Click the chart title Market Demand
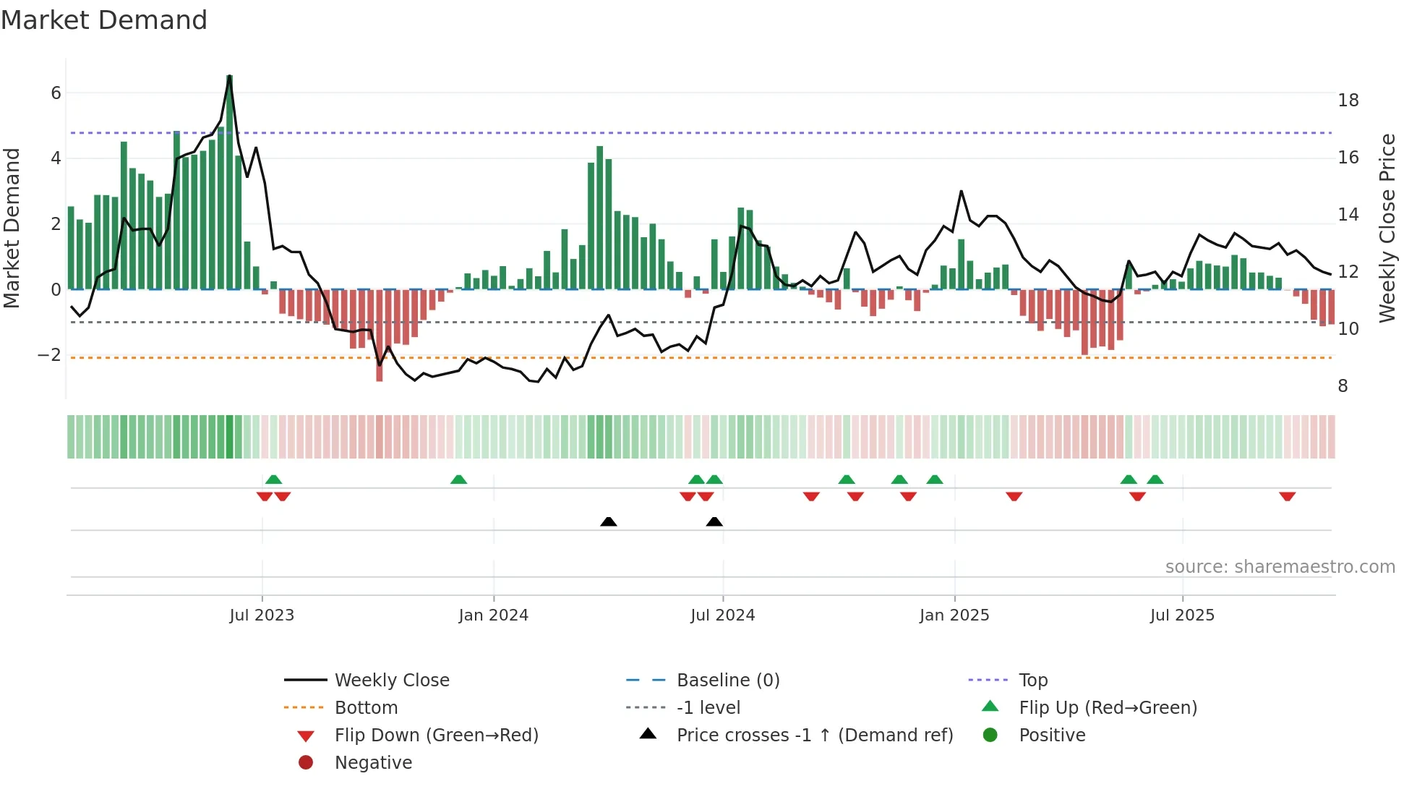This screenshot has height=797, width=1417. pyautogui.click(x=104, y=20)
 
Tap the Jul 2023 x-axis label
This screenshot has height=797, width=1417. pyautogui.click(x=262, y=615)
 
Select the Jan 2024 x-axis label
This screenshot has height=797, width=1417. pyautogui.click(x=493, y=615)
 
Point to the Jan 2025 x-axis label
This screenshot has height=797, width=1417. pyautogui.click(x=954, y=615)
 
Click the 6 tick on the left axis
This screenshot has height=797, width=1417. pyautogui.click(x=56, y=93)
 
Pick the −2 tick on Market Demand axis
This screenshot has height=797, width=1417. pyautogui.click(x=49, y=355)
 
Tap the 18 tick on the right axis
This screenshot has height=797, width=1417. pyautogui.click(x=1348, y=101)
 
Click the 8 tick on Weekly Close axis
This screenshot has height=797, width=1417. pyautogui.click(x=1343, y=386)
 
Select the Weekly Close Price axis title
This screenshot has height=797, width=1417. pyautogui.click(x=1387, y=228)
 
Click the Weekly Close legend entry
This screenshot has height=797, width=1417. pyautogui.click(x=391, y=681)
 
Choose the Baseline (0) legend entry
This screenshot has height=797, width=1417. pyautogui.click(x=727, y=681)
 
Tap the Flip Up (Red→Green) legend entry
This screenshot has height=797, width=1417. pyautogui.click(x=1108, y=708)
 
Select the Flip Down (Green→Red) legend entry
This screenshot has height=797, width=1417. pyautogui.click(x=436, y=736)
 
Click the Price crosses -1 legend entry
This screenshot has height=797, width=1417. pyautogui.click(x=814, y=736)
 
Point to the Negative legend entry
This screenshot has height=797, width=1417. pyautogui.click(x=373, y=763)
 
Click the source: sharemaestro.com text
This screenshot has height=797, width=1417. pyautogui.click(x=1280, y=567)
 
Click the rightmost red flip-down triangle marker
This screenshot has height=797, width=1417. pyautogui.click(x=1287, y=496)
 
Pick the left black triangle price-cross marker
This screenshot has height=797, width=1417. pyautogui.click(x=609, y=521)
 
